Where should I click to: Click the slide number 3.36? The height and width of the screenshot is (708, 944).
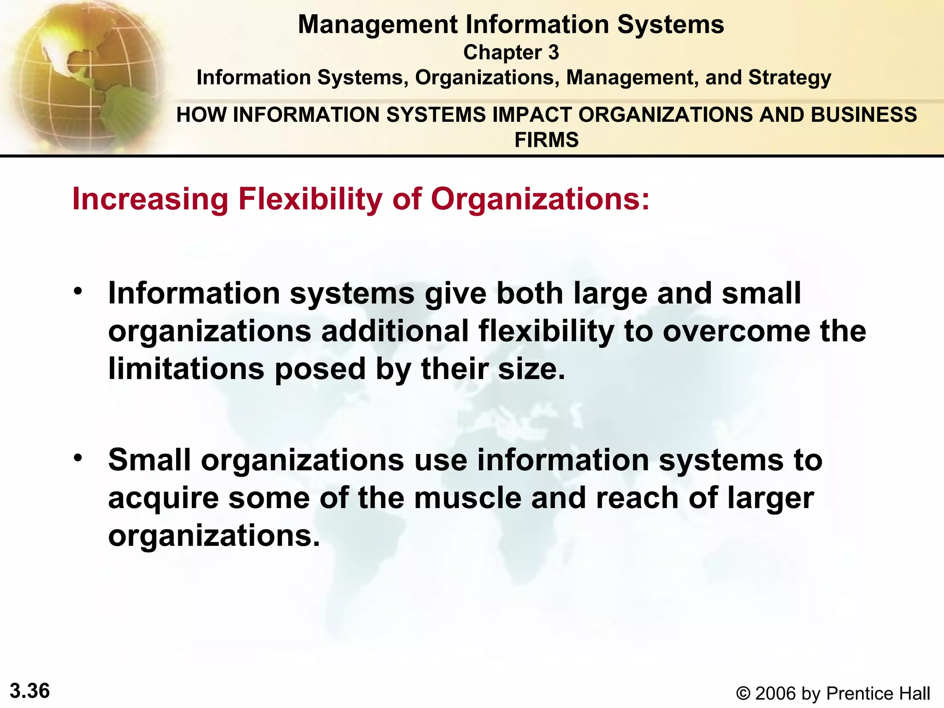pos(29,691)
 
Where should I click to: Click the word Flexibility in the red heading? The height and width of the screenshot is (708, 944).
pos(310,199)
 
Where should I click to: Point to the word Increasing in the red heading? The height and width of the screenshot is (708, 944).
pos(150,199)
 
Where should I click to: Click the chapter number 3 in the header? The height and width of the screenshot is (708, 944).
pos(553,52)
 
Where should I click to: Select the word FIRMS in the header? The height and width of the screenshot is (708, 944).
pos(546,140)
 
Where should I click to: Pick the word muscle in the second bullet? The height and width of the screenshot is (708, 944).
pos(467,498)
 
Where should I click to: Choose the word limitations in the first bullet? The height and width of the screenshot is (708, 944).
pos(186,369)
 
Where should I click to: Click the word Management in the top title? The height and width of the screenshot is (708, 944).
pos(378,24)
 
